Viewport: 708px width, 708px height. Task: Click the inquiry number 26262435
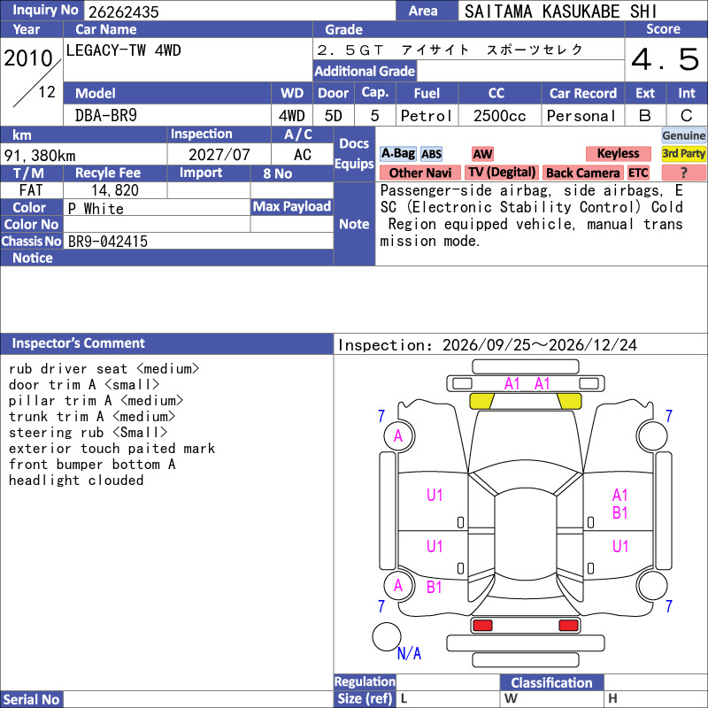tap(124, 12)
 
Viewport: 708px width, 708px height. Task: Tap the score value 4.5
tap(666, 59)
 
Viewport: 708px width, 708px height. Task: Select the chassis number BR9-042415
tap(108, 241)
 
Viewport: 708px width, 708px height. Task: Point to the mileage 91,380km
tap(40, 156)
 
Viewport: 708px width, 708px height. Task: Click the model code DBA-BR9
tap(105, 116)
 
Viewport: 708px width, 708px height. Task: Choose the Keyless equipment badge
tap(618, 153)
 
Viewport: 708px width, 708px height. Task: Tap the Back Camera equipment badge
tap(582, 173)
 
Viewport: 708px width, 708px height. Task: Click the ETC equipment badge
tap(638, 173)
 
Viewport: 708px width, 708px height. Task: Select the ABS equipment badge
tap(431, 154)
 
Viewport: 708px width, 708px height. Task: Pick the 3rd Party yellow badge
tap(683, 153)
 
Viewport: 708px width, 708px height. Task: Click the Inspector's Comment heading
tap(78, 343)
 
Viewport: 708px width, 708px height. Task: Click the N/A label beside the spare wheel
tap(409, 653)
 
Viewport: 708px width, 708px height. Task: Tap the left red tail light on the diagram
tap(482, 626)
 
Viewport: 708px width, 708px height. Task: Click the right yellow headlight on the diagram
tap(569, 401)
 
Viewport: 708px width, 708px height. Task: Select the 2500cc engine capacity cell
tap(499, 116)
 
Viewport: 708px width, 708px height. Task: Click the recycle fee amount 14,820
tap(115, 190)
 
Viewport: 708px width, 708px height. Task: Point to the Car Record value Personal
tap(581, 116)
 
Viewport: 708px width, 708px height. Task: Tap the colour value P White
tap(96, 209)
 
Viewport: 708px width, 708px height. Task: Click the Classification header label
tap(551, 682)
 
